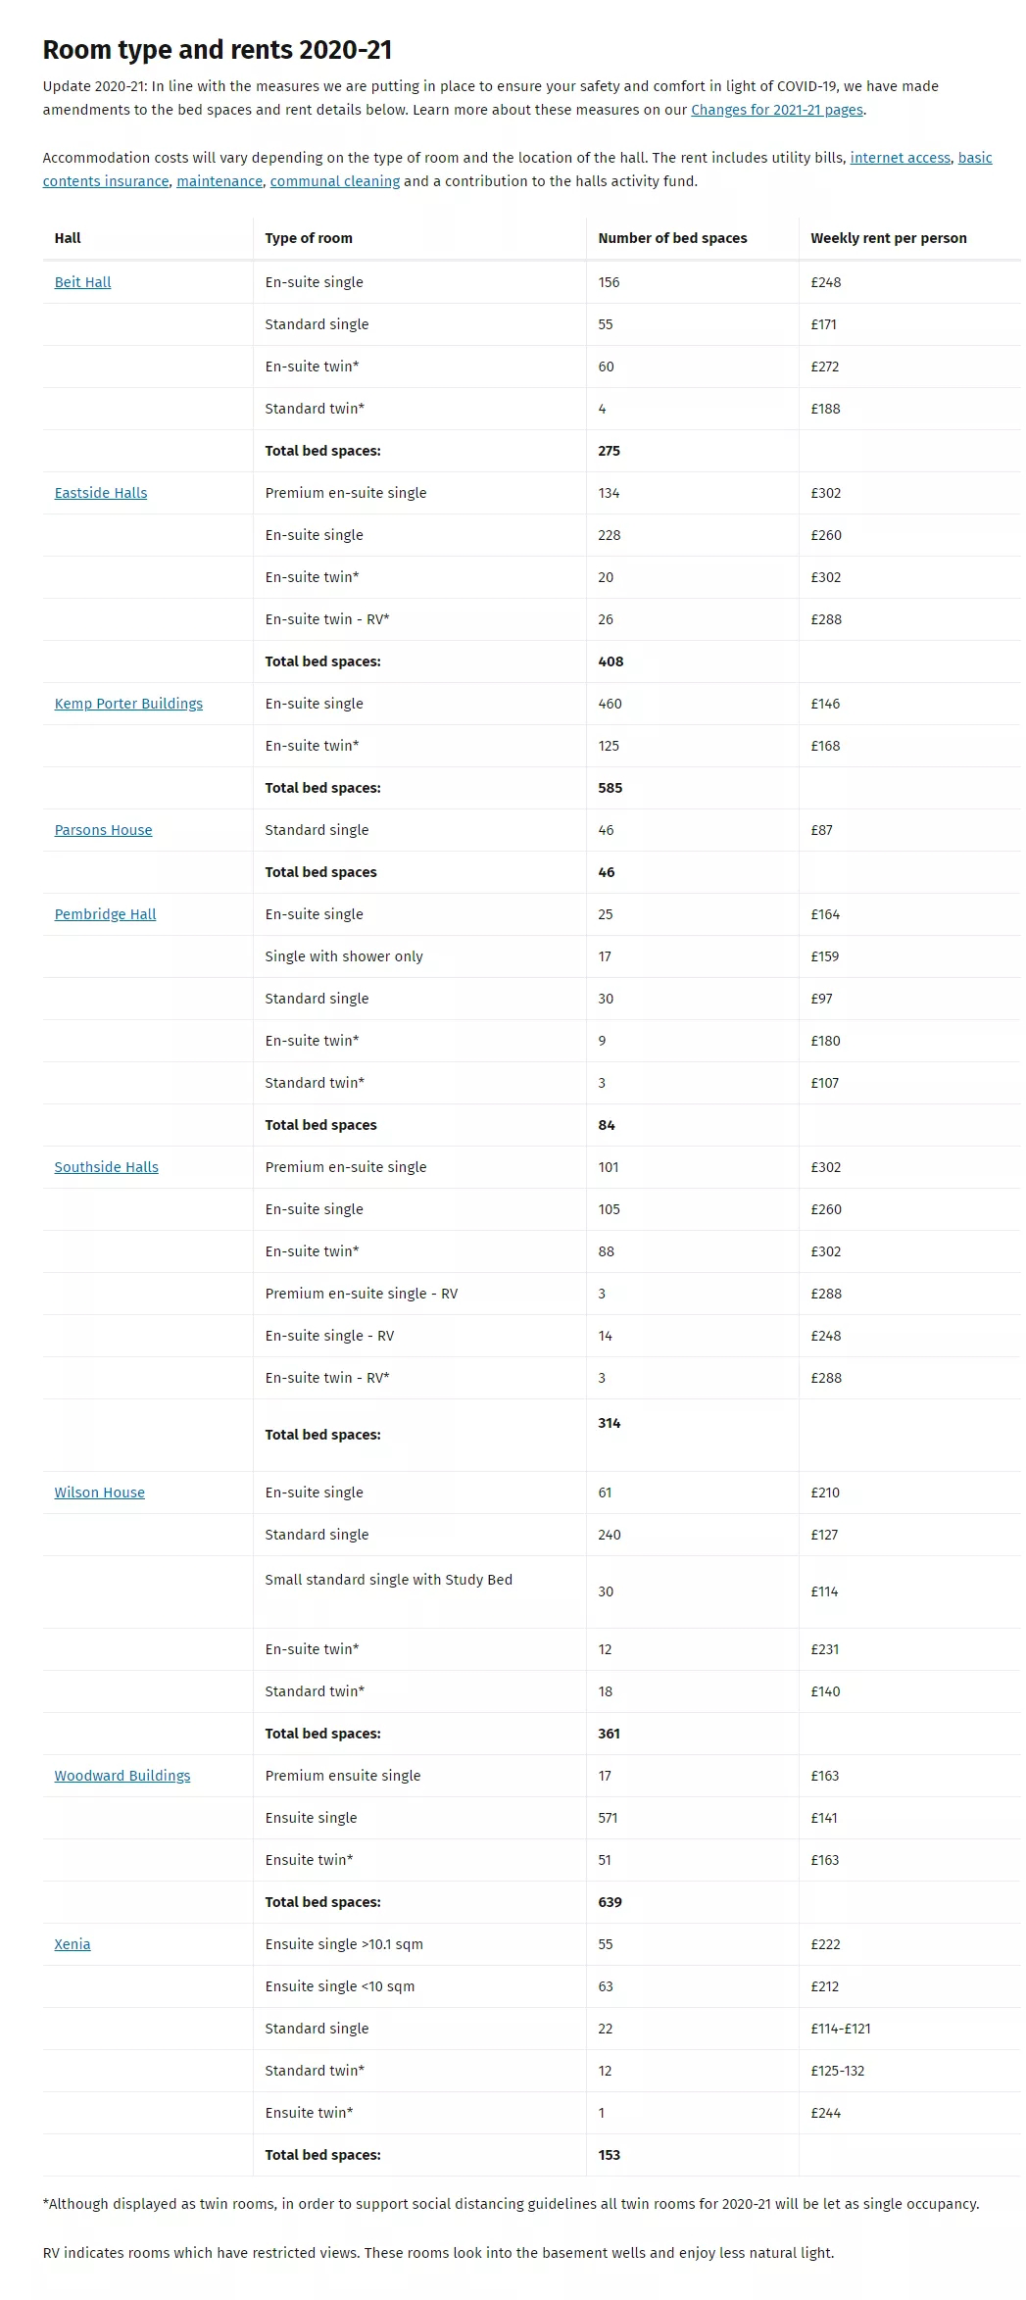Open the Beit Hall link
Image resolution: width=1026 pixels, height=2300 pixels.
82,282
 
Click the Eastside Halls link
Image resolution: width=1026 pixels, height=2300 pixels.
101,493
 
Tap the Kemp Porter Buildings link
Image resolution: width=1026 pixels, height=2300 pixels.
128,704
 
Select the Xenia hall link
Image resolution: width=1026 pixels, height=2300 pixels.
73,1944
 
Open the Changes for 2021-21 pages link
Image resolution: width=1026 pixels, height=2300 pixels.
777,110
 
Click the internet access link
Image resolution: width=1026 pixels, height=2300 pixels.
900,158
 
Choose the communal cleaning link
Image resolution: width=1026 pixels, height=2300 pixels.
335,181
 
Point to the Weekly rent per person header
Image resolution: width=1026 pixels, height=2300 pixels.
889,238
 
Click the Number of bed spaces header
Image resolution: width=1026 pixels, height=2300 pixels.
672,238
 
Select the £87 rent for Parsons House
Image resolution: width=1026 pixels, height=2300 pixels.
822,830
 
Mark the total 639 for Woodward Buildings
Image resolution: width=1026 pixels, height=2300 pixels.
610,1902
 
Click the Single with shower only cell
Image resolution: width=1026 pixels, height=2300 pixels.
344,956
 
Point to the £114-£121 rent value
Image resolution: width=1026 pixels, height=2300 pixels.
841,2029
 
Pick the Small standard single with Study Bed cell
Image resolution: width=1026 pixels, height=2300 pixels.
388,1580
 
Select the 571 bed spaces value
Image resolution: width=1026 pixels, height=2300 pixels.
608,1818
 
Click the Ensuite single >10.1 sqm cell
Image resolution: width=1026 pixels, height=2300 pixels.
344,1944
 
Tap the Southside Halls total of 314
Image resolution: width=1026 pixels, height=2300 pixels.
610,1423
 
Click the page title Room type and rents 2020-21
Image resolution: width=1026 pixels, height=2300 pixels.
218,50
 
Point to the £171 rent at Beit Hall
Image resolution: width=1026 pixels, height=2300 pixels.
823,324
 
